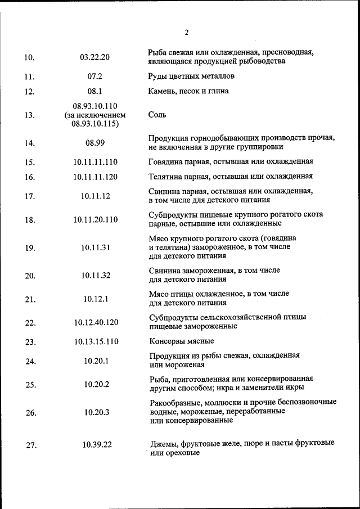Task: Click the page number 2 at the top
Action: point(186,32)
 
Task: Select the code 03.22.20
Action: point(95,57)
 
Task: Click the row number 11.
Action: point(30,77)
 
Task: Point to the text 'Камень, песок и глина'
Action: point(188,91)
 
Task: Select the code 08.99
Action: point(95,143)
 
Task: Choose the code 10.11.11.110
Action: point(95,162)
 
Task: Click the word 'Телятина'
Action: point(164,177)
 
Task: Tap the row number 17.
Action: point(30,196)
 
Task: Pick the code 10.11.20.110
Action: point(95,219)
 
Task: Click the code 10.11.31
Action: point(95,247)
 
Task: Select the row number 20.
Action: point(30,276)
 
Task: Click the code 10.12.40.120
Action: point(95,322)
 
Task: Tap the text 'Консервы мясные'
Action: point(181,341)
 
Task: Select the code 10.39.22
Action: point(97,445)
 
